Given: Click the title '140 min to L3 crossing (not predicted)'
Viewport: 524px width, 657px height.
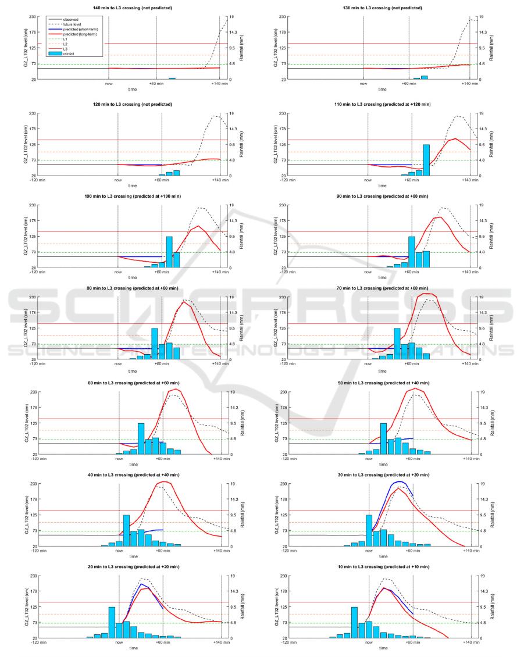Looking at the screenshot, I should pos(133,8).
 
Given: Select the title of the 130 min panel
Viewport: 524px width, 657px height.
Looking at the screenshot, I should pos(382,8).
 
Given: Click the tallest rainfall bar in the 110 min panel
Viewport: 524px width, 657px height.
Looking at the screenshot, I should pos(426,160).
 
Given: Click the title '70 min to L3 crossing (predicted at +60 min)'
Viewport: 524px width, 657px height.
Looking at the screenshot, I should pos(382,288).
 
